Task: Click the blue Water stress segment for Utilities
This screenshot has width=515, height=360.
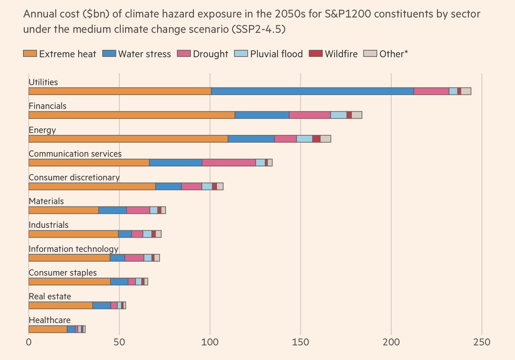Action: [x=312, y=91]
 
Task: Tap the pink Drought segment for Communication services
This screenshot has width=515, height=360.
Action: [x=229, y=162]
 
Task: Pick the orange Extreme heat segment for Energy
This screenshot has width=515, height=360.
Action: [x=128, y=139]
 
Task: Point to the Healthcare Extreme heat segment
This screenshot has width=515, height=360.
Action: [x=48, y=329]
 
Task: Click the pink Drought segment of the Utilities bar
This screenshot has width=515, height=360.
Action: [x=431, y=91]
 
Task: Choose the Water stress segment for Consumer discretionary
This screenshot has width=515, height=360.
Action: [x=169, y=186]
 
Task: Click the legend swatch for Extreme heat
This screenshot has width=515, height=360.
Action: [x=30, y=54]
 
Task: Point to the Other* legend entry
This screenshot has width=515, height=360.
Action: [x=385, y=54]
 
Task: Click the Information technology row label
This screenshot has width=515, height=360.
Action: [x=73, y=249]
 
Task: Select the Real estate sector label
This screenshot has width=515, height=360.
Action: [x=50, y=296]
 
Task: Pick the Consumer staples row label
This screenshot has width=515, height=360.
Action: [x=63, y=273]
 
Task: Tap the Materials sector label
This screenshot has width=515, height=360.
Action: [x=46, y=201]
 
